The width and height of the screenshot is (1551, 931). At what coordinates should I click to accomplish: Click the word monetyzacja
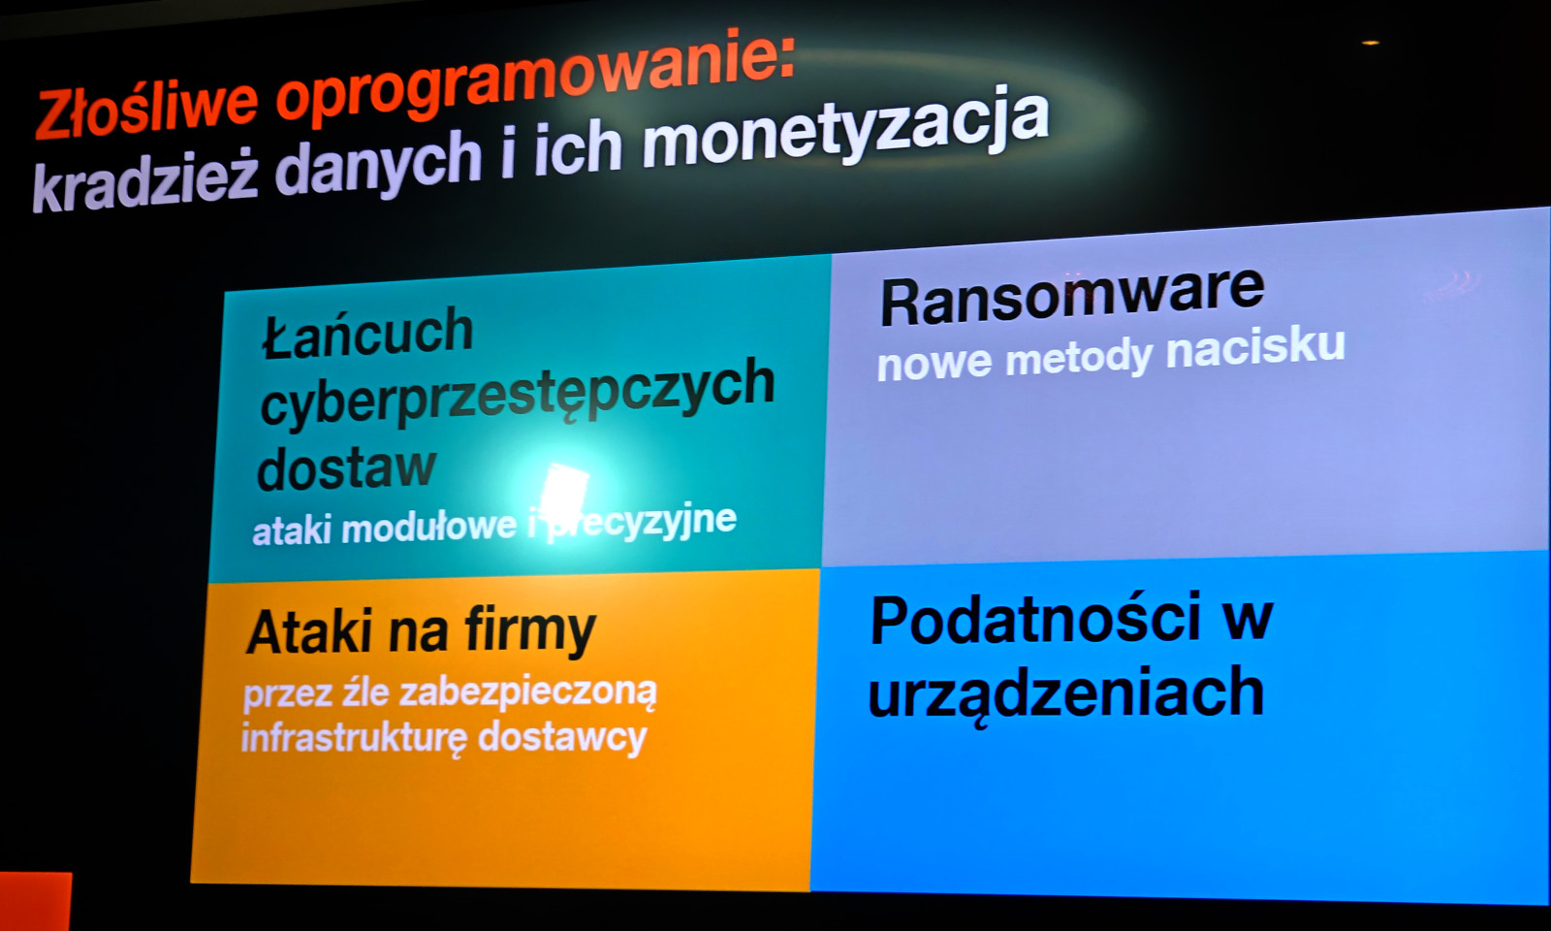coord(845,132)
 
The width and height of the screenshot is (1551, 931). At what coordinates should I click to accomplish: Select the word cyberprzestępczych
coord(518,392)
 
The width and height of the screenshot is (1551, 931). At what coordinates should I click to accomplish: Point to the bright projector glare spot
coord(562,489)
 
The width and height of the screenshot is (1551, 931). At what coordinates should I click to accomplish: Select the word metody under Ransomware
coord(1078,358)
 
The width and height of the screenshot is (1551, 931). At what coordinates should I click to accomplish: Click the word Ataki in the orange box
coord(311,631)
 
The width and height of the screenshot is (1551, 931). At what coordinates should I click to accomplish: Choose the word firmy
coord(529,630)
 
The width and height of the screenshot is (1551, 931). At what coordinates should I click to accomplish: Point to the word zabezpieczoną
coord(527,693)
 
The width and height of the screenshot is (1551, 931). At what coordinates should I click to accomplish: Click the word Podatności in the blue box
coord(1034,619)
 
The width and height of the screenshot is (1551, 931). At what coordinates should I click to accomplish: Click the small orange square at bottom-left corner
coord(35,901)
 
